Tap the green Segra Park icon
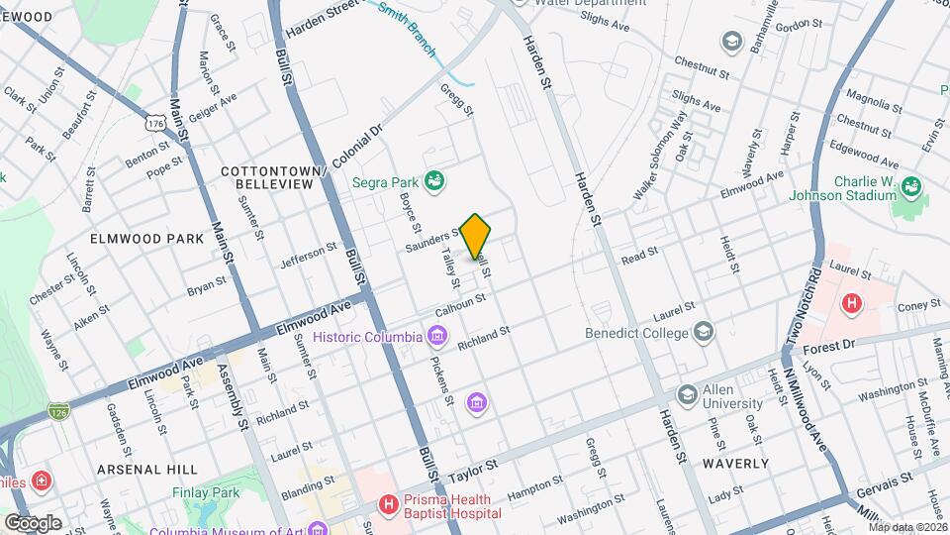pyautogui.click(x=433, y=181)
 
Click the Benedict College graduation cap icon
pyautogui.click(x=703, y=332)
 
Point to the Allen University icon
pyautogui.click(x=687, y=395)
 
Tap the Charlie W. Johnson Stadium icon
pyautogui.click(x=912, y=187)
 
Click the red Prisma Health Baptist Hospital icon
pyautogui.click(x=388, y=505)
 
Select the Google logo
pyautogui.click(x=33, y=522)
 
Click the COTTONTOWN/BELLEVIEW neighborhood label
pyautogui.click(x=274, y=177)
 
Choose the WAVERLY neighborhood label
pyautogui.click(x=735, y=463)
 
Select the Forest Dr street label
pyautogui.click(x=827, y=348)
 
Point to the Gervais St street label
pyautogui.click(x=886, y=479)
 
